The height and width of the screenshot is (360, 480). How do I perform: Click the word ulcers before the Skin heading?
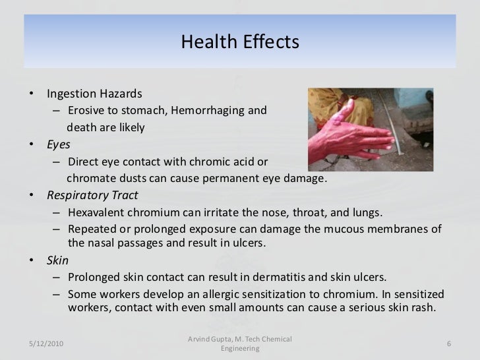click(x=248, y=243)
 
